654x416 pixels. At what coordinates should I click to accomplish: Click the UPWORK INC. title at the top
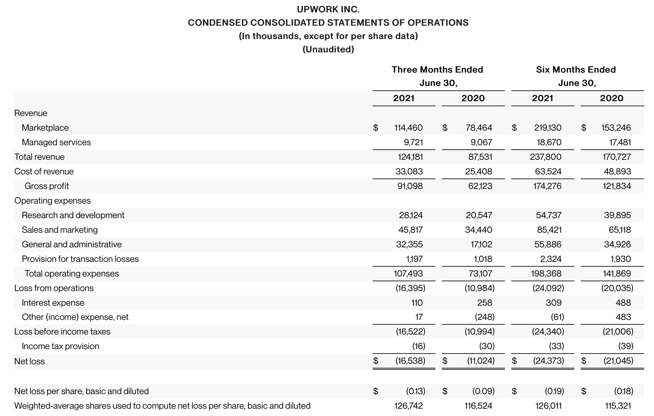[x=328, y=10]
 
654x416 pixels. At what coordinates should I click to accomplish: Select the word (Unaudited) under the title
[x=328, y=49]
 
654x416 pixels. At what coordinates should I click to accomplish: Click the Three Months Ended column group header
[x=437, y=70]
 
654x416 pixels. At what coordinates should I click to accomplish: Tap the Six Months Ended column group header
[x=576, y=70]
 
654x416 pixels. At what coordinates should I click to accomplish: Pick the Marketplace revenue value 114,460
[x=408, y=128]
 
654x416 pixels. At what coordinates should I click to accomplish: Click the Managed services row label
[x=56, y=142]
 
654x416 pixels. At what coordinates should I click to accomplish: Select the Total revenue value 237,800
[x=546, y=157]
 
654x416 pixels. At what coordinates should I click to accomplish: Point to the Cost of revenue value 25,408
[x=479, y=172]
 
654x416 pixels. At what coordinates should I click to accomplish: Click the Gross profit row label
[x=47, y=186]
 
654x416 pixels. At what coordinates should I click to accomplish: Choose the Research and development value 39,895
[x=617, y=215]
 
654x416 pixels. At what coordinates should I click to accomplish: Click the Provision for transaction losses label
[x=80, y=259]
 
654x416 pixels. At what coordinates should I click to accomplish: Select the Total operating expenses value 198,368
[x=546, y=274]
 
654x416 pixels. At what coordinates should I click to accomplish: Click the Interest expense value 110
[x=417, y=303]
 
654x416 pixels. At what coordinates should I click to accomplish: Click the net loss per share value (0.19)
[x=554, y=391]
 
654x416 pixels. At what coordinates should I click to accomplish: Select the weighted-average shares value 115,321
[x=618, y=406]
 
